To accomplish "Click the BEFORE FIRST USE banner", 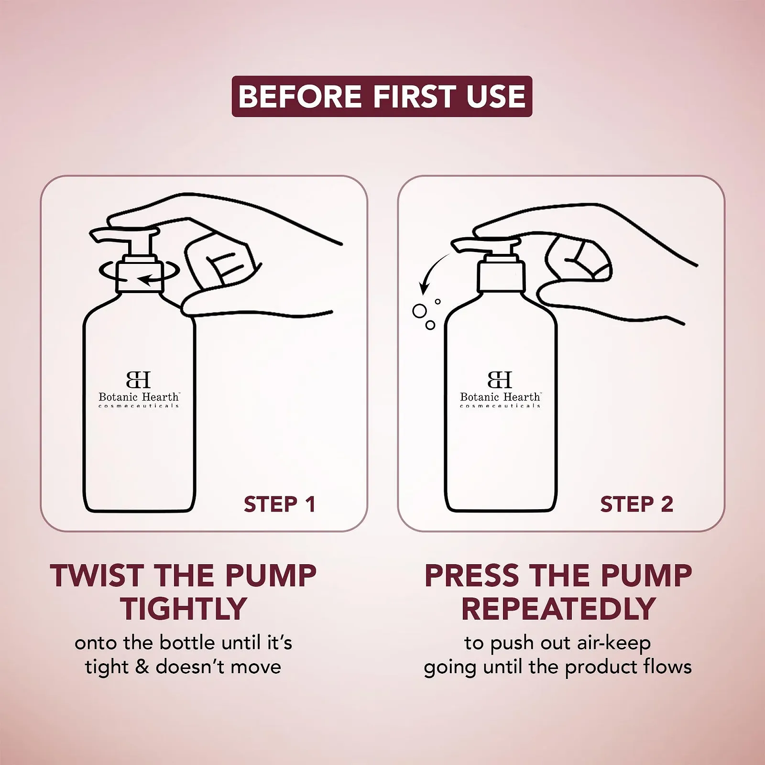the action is click(382, 96).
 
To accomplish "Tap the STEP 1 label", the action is click(280, 504).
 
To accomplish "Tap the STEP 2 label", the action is click(636, 504).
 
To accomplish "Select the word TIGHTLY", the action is click(184, 609).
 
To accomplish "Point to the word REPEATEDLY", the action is click(558, 609).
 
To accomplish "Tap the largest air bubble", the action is click(419, 311).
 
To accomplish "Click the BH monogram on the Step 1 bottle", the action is click(139, 380).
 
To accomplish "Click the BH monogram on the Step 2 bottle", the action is click(500, 380).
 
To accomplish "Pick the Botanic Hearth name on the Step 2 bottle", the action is click(500, 397).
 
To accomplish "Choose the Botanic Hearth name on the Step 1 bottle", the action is click(139, 397).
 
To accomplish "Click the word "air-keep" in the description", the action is click(614, 644).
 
